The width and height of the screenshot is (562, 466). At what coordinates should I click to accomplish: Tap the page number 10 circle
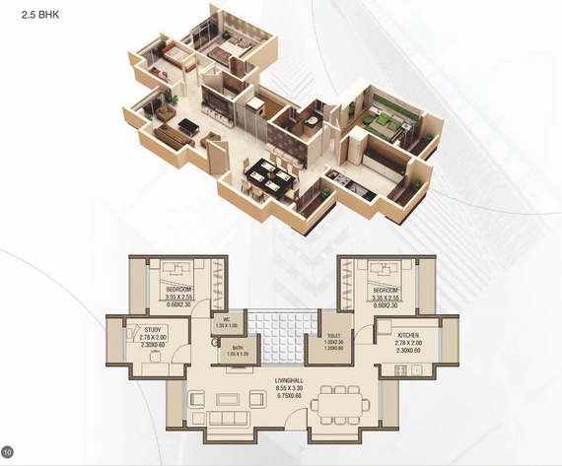[x=8, y=453]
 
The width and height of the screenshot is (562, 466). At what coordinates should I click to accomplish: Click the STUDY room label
[x=152, y=330]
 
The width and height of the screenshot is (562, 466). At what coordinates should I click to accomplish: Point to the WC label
[x=226, y=319]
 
